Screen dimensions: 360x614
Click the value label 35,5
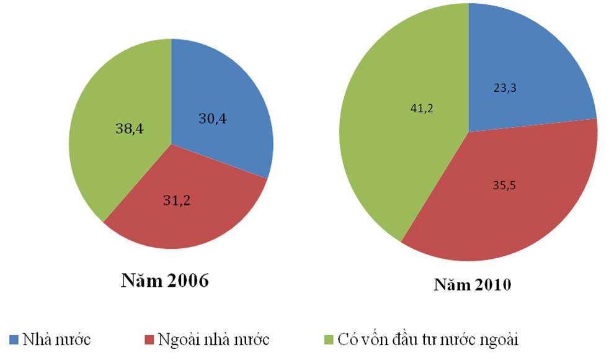coord(505,184)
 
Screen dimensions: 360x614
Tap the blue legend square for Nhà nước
coord(14,340)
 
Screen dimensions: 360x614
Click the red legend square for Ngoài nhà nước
coord(149,340)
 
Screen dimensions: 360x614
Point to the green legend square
coord(330,340)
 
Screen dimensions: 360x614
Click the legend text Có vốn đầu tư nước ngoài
coord(429,340)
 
